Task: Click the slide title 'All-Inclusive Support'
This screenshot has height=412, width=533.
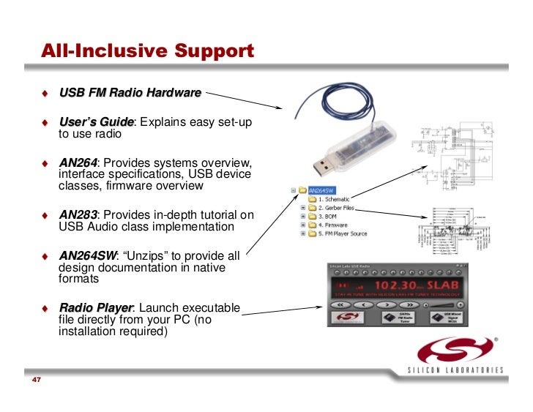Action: [x=147, y=52]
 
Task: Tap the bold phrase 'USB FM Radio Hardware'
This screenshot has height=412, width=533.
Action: [x=130, y=93]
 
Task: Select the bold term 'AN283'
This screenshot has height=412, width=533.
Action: [x=78, y=215]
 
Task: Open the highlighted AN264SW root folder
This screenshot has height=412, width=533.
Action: [x=325, y=189]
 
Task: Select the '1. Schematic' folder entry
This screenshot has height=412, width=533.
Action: [x=333, y=198]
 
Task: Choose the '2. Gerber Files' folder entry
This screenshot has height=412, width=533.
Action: [x=338, y=208]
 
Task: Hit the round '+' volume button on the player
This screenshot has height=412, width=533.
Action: [x=461, y=303]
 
